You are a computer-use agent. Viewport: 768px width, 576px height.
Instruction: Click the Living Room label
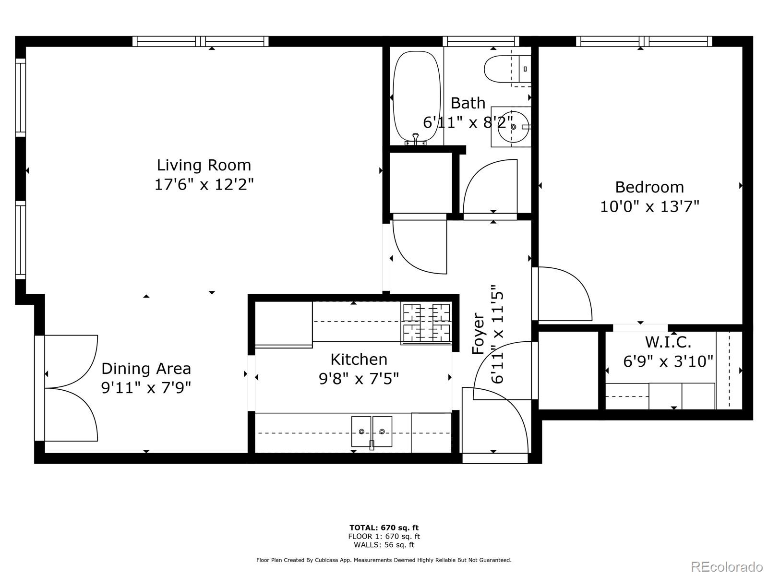204,165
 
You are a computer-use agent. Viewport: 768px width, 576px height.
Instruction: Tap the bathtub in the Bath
416,97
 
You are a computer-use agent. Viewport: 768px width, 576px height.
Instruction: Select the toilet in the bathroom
508,69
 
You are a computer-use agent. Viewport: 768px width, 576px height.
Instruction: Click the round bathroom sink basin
513,127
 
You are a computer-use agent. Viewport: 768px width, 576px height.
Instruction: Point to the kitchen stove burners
426,323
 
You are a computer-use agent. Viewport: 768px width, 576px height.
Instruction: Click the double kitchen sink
372,431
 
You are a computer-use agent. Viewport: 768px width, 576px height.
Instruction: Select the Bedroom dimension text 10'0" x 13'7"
649,206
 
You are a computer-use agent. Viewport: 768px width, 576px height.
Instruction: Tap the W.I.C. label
668,342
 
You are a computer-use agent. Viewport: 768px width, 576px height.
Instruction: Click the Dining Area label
146,369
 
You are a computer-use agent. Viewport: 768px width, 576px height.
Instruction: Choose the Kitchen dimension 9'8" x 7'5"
359,378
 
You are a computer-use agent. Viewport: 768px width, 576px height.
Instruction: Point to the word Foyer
478,333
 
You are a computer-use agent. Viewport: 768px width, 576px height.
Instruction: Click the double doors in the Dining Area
66,388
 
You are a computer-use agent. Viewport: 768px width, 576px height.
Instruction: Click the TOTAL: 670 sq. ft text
384,528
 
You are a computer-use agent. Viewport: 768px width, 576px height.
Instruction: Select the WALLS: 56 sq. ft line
384,544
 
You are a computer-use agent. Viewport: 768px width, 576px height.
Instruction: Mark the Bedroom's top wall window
644,41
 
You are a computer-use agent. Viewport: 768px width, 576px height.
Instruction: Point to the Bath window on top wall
481,41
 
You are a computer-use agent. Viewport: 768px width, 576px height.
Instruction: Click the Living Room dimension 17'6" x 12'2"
204,184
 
